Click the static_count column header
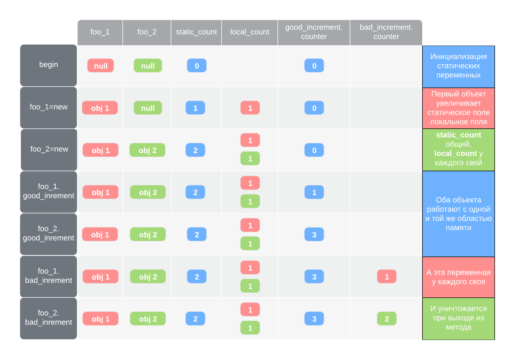coord(196,32)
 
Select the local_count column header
coord(250,32)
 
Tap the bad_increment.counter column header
coord(386,32)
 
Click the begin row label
coord(48,65)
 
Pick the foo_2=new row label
coord(49,149)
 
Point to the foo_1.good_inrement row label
coord(48,191)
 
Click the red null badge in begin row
coord(101,66)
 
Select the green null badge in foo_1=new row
coord(148,108)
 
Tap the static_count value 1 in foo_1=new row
coord(195,108)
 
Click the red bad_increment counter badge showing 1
coord(387,277)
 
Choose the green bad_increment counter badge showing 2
coord(387,319)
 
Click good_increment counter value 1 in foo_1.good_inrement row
coord(314,193)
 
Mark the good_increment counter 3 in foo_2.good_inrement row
coord(314,235)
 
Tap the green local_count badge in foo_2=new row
coord(250,159)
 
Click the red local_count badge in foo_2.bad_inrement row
coord(250,310)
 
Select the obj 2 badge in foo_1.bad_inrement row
coord(148,277)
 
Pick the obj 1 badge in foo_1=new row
coord(100,108)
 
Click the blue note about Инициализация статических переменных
coord(458,66)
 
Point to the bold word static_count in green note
coord(458,135)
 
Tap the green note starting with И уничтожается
coord(458,318)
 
